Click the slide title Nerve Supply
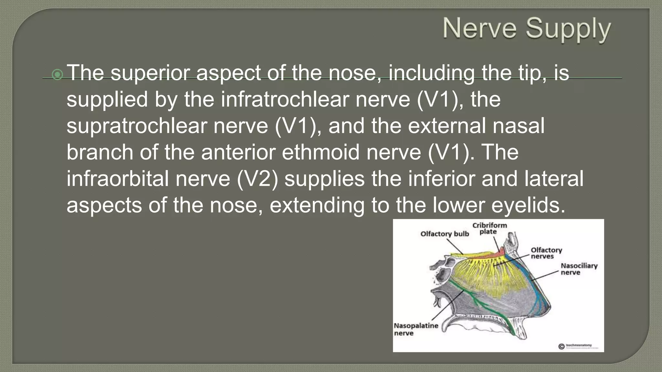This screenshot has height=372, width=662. point(527,29)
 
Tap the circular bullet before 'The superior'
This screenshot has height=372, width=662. point(58,75)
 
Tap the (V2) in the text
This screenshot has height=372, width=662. point(257,179)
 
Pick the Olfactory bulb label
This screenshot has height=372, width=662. point(444,234)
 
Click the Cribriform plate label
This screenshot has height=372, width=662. point(489,228)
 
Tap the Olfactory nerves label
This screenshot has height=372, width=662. point(546,253)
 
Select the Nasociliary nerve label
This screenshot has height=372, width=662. point(579,269)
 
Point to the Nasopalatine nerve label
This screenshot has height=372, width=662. point(416,329)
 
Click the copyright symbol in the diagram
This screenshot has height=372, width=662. point(561,346)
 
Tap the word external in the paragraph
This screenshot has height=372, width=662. point(447,126)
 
